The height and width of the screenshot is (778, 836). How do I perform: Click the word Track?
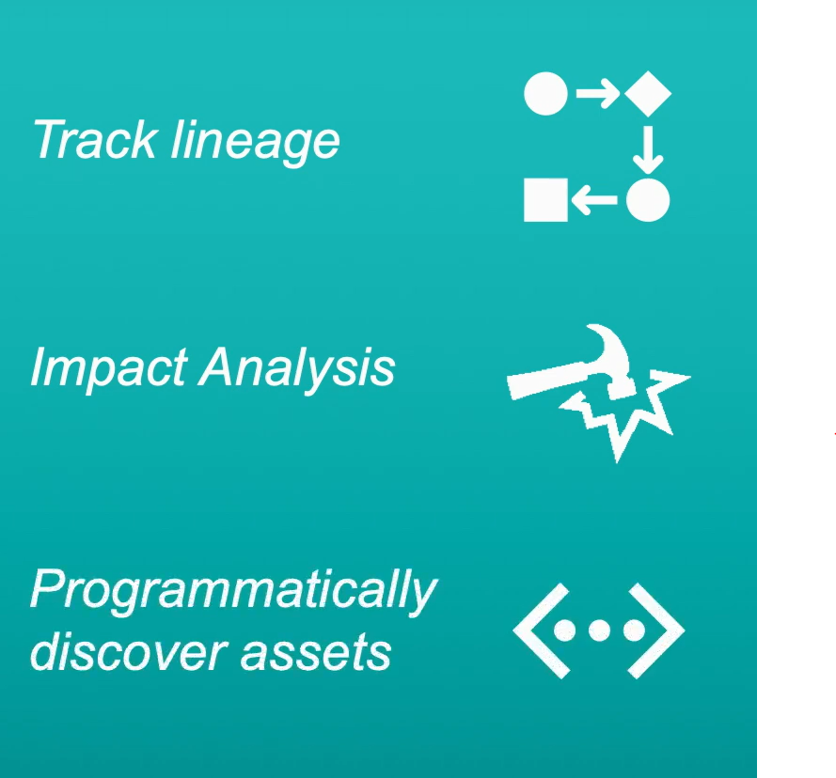[x=94, y=139]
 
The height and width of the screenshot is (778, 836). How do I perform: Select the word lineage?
[x=256, y=143]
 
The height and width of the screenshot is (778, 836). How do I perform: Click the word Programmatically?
[x=233, y=593]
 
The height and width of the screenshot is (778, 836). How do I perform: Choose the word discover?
[x=129, y=651]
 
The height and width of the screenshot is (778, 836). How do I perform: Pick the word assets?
[x=316, y=654]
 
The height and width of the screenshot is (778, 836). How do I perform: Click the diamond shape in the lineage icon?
[x=648, y=94]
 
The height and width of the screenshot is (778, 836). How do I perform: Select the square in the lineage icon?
[x=546, y=200]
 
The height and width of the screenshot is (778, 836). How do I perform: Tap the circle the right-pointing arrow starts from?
[x=546, y=94]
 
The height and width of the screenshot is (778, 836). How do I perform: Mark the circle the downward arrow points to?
[x=648, y=200]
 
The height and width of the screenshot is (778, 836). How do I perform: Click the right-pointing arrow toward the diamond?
[x=598, y=94]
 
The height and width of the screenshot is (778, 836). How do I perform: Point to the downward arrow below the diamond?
[x=648, y=149]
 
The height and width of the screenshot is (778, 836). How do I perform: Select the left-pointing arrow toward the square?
[x=594, y=200]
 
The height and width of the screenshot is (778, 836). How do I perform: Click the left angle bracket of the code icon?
[x=540, y=630]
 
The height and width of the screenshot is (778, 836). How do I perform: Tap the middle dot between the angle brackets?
[x=599, y=630]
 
